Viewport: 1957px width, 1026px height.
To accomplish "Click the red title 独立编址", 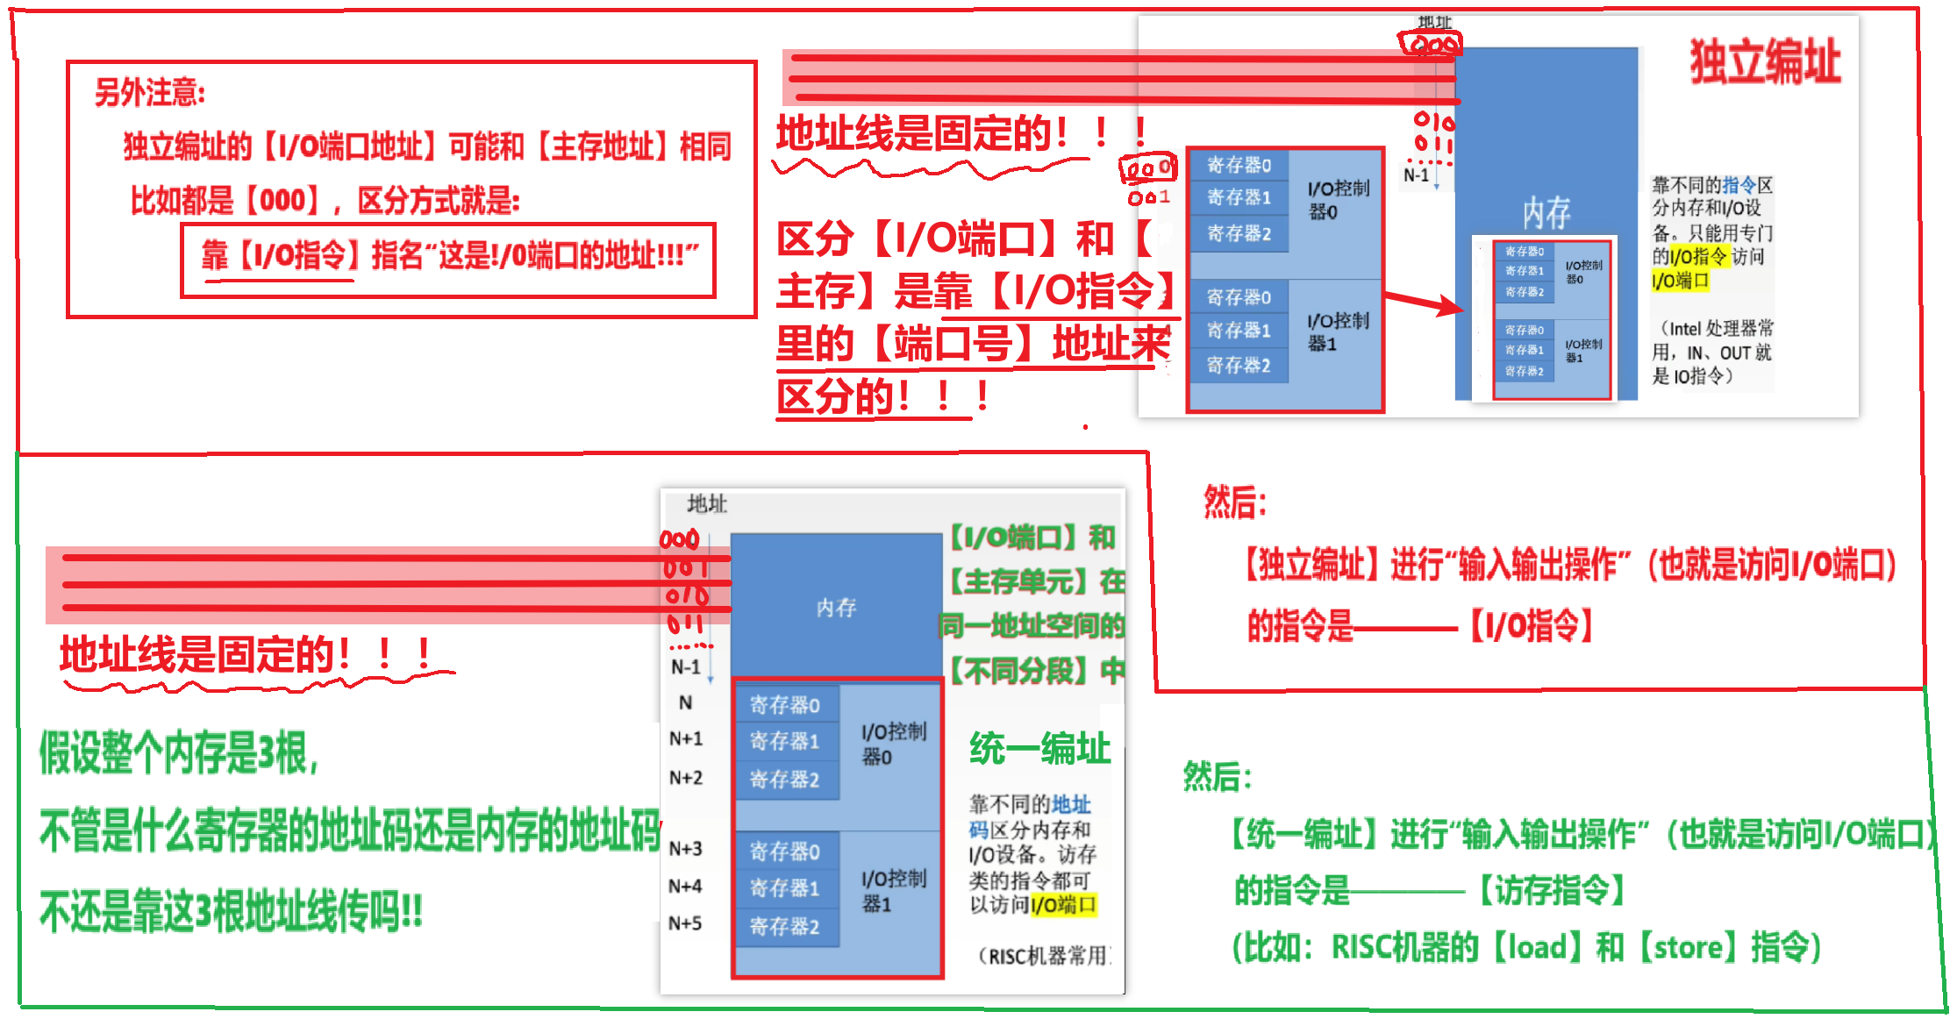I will (x=1764, y=62).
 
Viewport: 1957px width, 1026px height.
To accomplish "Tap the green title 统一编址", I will (x=1039, y=750).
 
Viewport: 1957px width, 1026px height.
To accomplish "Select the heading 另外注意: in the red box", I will (x=150, y=92).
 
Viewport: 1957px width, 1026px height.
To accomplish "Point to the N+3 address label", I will (x=685, y=849).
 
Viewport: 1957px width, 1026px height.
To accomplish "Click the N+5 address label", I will (x=685, y=923).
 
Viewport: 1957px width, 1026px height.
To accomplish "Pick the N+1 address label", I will (x=685, y=739).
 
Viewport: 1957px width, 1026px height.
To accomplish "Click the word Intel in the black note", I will (x=1684, y=330).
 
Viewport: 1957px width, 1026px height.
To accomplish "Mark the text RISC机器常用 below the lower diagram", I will (x=1048, y=956).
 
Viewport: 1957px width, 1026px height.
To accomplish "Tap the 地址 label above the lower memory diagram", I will (x=707, y=503).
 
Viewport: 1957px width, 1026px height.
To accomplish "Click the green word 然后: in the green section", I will (x=1218, y=777).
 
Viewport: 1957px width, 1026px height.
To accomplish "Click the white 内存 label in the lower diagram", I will (x=835, y=608).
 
